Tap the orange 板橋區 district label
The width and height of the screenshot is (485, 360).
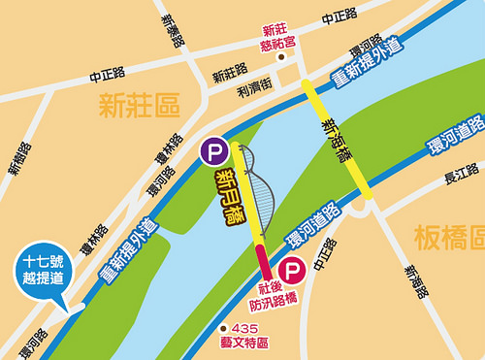[x=448, y=237]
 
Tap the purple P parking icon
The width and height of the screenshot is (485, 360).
[x=212, y=151]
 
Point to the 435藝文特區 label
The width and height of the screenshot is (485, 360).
[x=257, y=336]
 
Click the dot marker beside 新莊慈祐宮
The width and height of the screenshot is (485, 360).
[x=281, y=57]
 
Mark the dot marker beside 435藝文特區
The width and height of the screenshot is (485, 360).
[x=224, y=329]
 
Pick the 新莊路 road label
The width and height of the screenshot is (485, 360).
[x=230, y=73]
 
